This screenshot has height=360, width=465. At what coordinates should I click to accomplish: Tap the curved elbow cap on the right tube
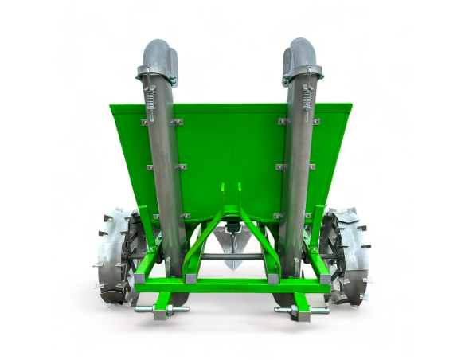point(302,53)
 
